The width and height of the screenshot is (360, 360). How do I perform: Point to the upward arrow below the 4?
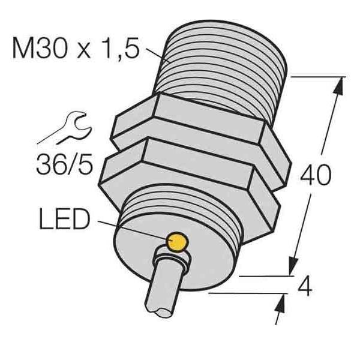[280, 306]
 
